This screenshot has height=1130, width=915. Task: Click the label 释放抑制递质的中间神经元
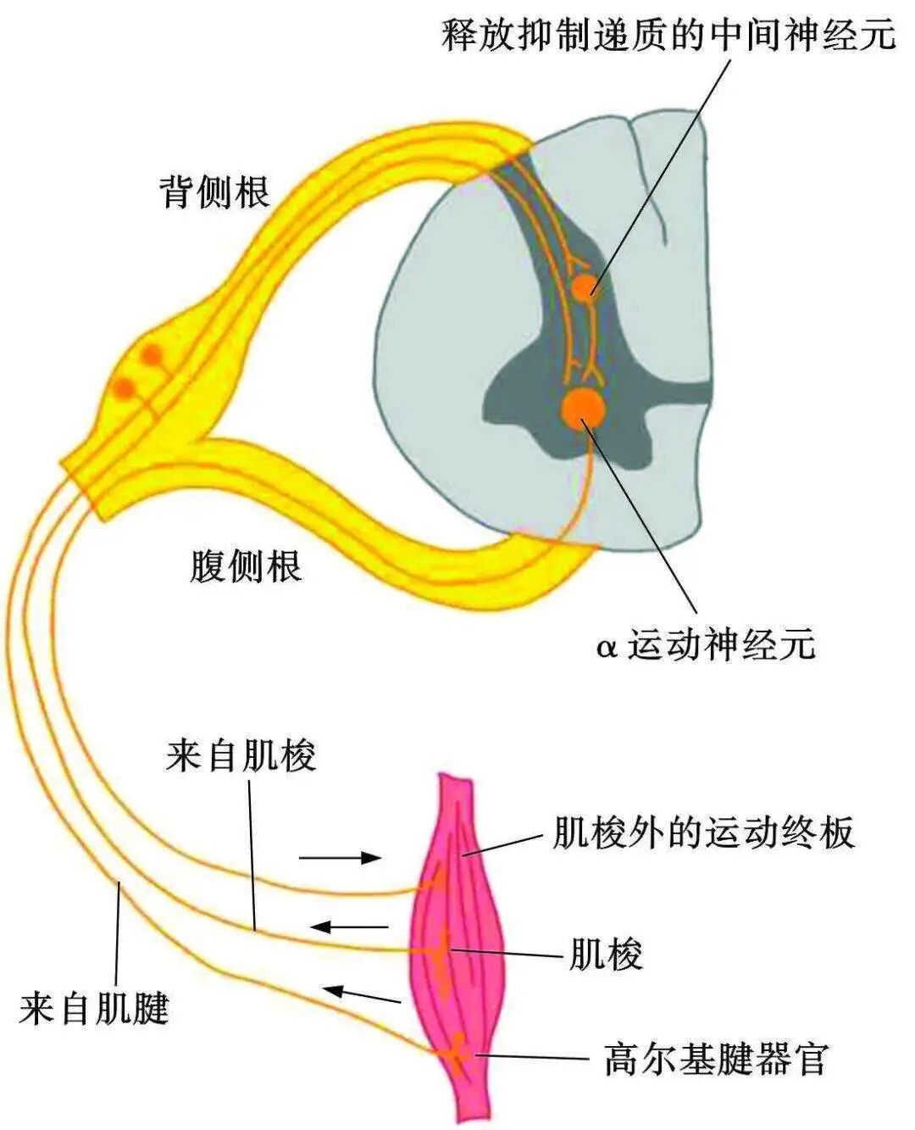(668, 35)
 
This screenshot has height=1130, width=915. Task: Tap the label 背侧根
(214, 192)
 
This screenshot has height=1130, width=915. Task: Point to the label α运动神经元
(706, 645)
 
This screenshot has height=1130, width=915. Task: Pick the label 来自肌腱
(94, 1009)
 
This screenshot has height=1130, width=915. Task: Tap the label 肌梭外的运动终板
(702, 832)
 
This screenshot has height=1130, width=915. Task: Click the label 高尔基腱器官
(715, 1059)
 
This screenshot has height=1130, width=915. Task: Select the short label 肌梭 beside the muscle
(606, 955)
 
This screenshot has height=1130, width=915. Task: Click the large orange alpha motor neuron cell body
(584, 408)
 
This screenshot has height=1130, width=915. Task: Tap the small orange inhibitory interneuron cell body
(583, 287)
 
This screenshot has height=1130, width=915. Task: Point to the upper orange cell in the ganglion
(152, 353)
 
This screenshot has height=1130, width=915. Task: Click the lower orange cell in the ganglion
(125, 388)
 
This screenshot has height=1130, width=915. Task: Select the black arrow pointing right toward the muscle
(341, 857)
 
